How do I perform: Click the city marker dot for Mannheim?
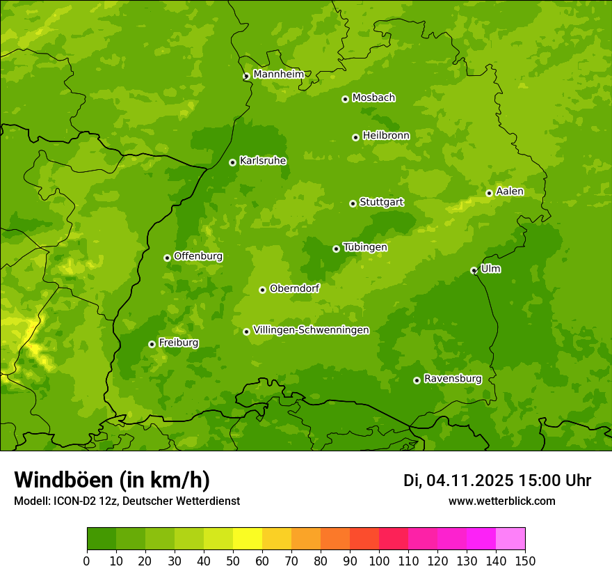point(246,77)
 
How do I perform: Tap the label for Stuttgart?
point(381,202)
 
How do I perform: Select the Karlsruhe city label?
point(263,161)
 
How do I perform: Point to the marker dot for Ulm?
point(474,270)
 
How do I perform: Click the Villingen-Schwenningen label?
point(311,330)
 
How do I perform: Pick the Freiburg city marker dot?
point(152,344)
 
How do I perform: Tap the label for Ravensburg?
point(452,379)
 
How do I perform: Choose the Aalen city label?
point(510,192)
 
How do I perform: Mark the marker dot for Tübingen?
point(336,249)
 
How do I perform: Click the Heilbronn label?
point(386,136)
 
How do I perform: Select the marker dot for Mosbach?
point(345,99)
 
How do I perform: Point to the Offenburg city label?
point(198,256)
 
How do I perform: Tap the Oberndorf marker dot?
point(262,290)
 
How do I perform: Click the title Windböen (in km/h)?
point(111,480)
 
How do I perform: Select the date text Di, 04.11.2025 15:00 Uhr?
point(497,481)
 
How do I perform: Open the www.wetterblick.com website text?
point(501,501)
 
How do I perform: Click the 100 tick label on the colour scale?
point(379,561)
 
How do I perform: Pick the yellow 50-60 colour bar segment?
point(248,539)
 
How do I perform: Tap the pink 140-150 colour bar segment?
point(510,539)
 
